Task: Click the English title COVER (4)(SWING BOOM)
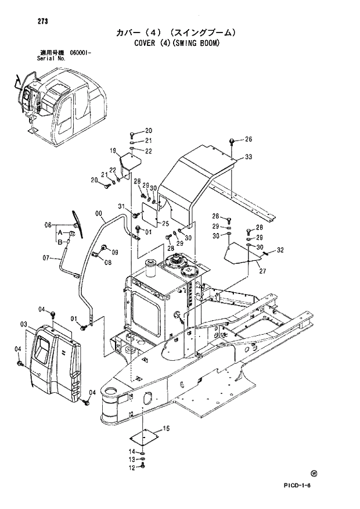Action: (x=178, y=42)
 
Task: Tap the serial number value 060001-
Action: (x=80, y=53)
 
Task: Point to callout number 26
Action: (x=248, y=139)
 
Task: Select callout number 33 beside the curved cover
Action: (x=248, y=157)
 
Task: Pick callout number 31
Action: (x=121, y=207)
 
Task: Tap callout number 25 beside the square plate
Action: (x=165, y=224)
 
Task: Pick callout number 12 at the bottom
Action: (x=132, y=467)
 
